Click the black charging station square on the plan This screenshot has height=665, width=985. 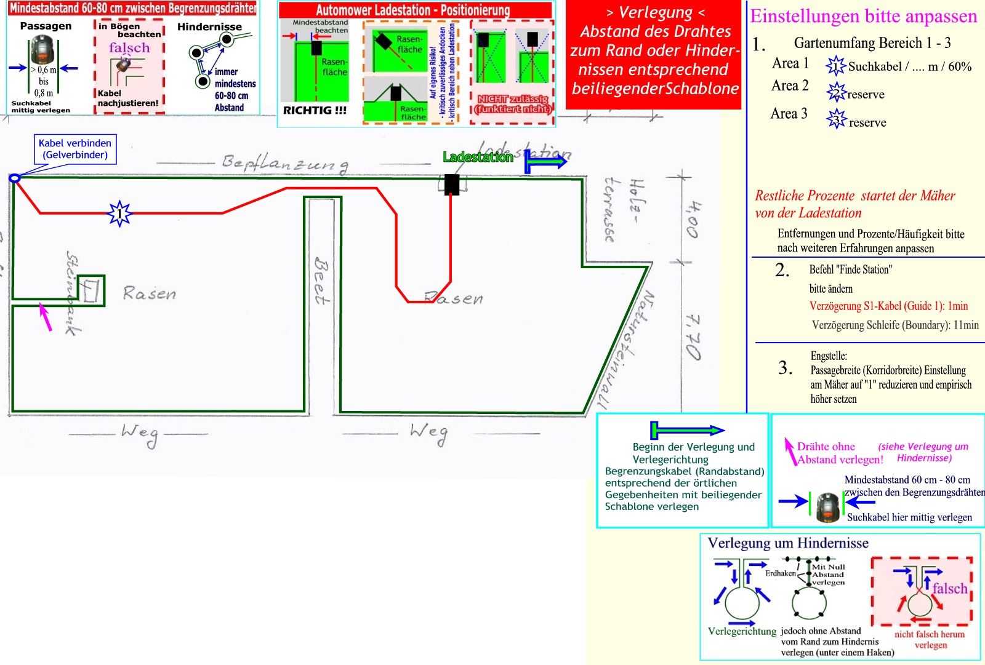coord(452,185)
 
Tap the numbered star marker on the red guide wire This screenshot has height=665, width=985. coord(119,213)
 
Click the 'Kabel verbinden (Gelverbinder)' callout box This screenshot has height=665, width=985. coord(75,149)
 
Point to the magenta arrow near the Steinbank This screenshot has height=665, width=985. coord(45,317)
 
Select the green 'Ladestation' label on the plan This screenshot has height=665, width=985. coord(478,157)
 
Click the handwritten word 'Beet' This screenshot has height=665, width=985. coord(321,282)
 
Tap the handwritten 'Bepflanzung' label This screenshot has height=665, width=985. coord(284,163)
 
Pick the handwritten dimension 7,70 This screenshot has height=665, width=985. coord(693,336)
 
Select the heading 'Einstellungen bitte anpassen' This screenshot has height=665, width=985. coord(863,17)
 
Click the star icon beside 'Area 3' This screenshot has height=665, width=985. coord(837,119)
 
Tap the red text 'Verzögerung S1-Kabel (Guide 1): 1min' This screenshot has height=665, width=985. coord(888,306)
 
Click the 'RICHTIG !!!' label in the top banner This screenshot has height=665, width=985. coord(315,111)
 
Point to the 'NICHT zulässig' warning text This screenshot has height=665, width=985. coord(512,103)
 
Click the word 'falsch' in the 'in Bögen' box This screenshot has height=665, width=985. coord(129,48)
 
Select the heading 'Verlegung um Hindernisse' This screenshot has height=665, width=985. coord(788,543)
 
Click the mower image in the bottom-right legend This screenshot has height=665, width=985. coord(828,507)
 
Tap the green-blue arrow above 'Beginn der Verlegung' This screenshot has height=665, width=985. coord(687,429)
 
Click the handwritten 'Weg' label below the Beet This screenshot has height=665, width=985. coord(428,434)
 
